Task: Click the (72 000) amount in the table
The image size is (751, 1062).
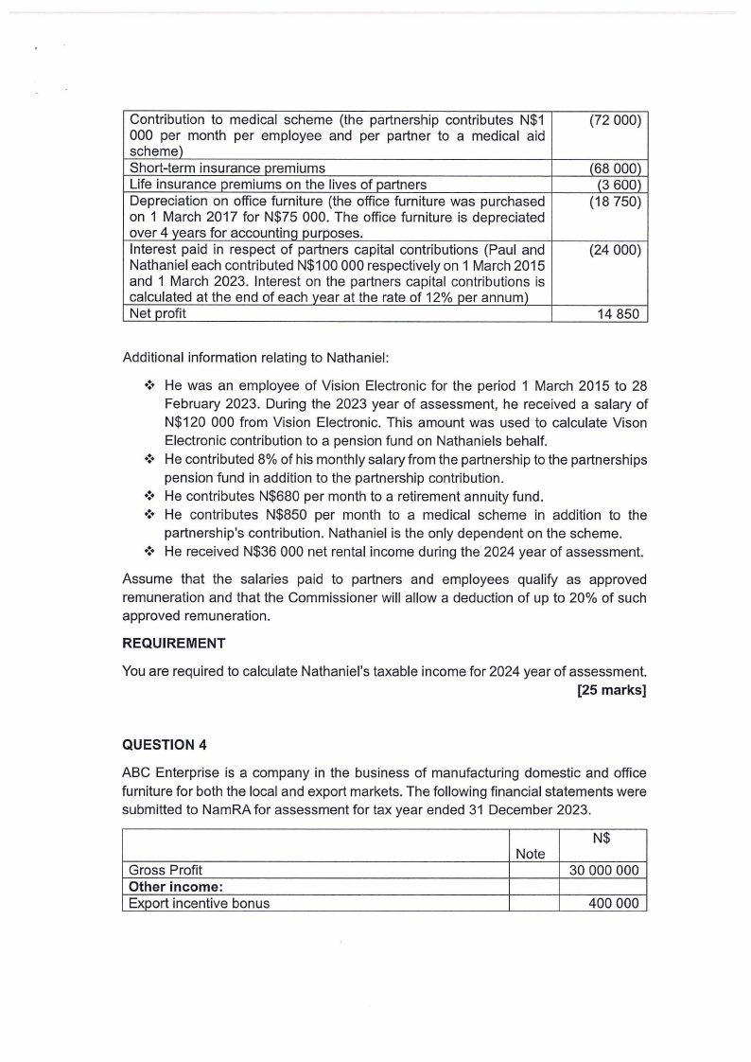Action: (x=615, y=121)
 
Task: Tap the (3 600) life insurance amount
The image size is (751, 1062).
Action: (x=620, y=185)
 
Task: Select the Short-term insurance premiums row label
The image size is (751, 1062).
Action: (x=227, y=168)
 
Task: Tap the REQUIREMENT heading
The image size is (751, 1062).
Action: (x=174, y=644)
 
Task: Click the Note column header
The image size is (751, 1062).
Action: (x=531, y=854)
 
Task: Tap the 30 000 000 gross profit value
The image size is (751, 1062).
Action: (x=606, y=870)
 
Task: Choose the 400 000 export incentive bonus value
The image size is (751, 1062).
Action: (x=616, y=903)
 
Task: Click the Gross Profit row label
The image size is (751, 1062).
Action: (x=166, y=870)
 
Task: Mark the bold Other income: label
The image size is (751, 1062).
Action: (x=174, y=887)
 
